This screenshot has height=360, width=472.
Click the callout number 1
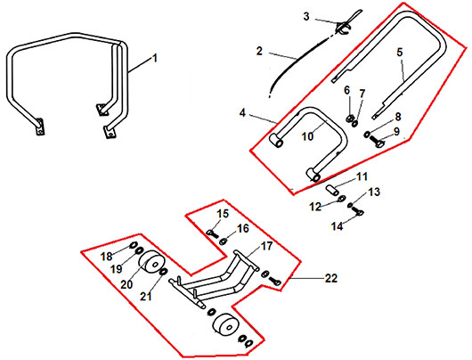tap(155, 58)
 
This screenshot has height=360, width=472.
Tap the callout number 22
tap(331, 278)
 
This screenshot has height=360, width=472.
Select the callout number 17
tap(266, 246)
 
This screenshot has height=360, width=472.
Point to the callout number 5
tap(399, 52)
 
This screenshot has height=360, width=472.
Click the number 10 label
tap(307, 136)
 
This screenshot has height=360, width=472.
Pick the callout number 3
tap(306, 16)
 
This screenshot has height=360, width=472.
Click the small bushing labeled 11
tap(333, 191)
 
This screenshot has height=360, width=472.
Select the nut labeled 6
tap(350, 118)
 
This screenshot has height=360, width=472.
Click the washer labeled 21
tap(164, 271)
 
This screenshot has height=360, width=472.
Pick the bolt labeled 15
tap(212, 233)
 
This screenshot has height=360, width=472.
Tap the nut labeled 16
tap(224, 241)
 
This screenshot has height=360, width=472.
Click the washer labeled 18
tap(133, 245)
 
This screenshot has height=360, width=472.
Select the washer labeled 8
tap(367, 134)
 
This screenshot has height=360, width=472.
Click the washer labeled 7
tap(355, 123)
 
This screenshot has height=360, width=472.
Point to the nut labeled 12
tap(342, 199)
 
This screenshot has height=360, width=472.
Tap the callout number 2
tap(259, 51)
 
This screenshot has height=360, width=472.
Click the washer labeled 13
tap(350, 205)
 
